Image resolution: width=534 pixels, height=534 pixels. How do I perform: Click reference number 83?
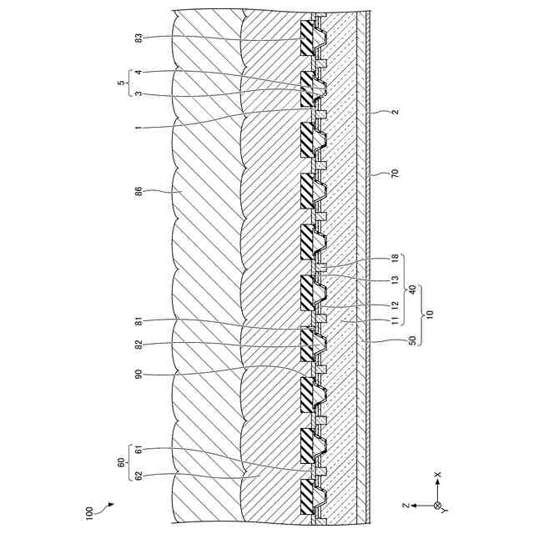coord(139,38)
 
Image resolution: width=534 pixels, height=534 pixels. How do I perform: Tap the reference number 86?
coord(139,191)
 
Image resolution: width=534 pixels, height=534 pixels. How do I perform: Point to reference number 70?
coord(395,175)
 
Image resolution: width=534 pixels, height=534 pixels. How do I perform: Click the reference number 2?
coord(395,111)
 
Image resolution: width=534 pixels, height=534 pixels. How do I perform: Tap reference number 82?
coord(139,345)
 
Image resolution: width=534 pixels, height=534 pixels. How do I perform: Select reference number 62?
coord(139,477)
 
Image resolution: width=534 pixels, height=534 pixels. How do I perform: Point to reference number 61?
coord(139,451)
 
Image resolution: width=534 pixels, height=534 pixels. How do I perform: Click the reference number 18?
coord(395,259)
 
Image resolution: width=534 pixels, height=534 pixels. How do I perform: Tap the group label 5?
coord(122,83)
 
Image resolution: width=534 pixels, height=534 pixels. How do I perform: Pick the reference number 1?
coord(139,127)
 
